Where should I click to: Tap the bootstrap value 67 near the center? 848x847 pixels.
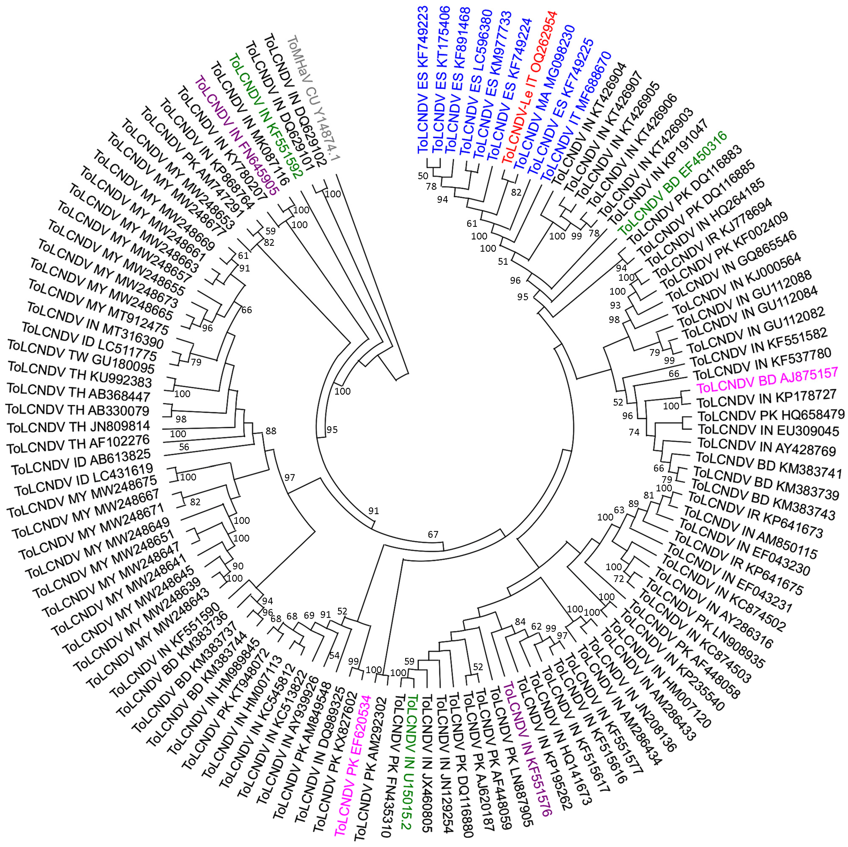[433, 534]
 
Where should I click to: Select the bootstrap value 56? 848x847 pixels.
[184, 447]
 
